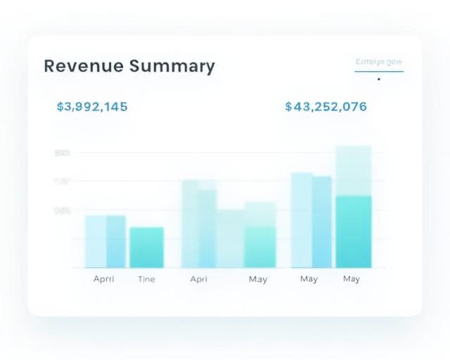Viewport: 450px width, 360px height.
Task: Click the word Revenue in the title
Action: pos(84,66)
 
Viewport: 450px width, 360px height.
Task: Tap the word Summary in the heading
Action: pos(172,67)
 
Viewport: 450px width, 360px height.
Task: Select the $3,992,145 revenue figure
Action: pos(91,107)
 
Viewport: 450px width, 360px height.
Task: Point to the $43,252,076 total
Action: pos(326,107)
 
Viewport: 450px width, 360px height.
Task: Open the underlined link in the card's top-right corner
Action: pos(379,62)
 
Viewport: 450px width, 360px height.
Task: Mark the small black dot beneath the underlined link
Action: pos(379,79)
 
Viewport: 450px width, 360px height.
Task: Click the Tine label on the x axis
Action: pos(146,279)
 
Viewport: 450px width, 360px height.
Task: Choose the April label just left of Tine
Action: pos(104,279)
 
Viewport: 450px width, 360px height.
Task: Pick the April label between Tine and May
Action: pos(199,279)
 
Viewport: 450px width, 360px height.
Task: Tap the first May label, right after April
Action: pos(258,279)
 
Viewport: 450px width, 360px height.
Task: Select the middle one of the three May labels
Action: pos(309,279)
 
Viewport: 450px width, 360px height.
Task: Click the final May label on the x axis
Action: pos(352,279)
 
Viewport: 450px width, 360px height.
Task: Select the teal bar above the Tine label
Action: pos(146,247)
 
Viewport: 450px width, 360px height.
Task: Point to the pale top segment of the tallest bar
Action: pos(354,170)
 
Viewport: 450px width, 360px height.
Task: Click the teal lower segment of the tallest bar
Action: pos(354,231)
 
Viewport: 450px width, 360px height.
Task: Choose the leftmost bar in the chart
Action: pos(96,241)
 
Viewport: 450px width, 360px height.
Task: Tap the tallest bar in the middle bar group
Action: pos(190,224)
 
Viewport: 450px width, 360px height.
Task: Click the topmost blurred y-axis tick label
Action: pos(62,153)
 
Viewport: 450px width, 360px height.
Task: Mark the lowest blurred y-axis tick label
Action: pos(62,210)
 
